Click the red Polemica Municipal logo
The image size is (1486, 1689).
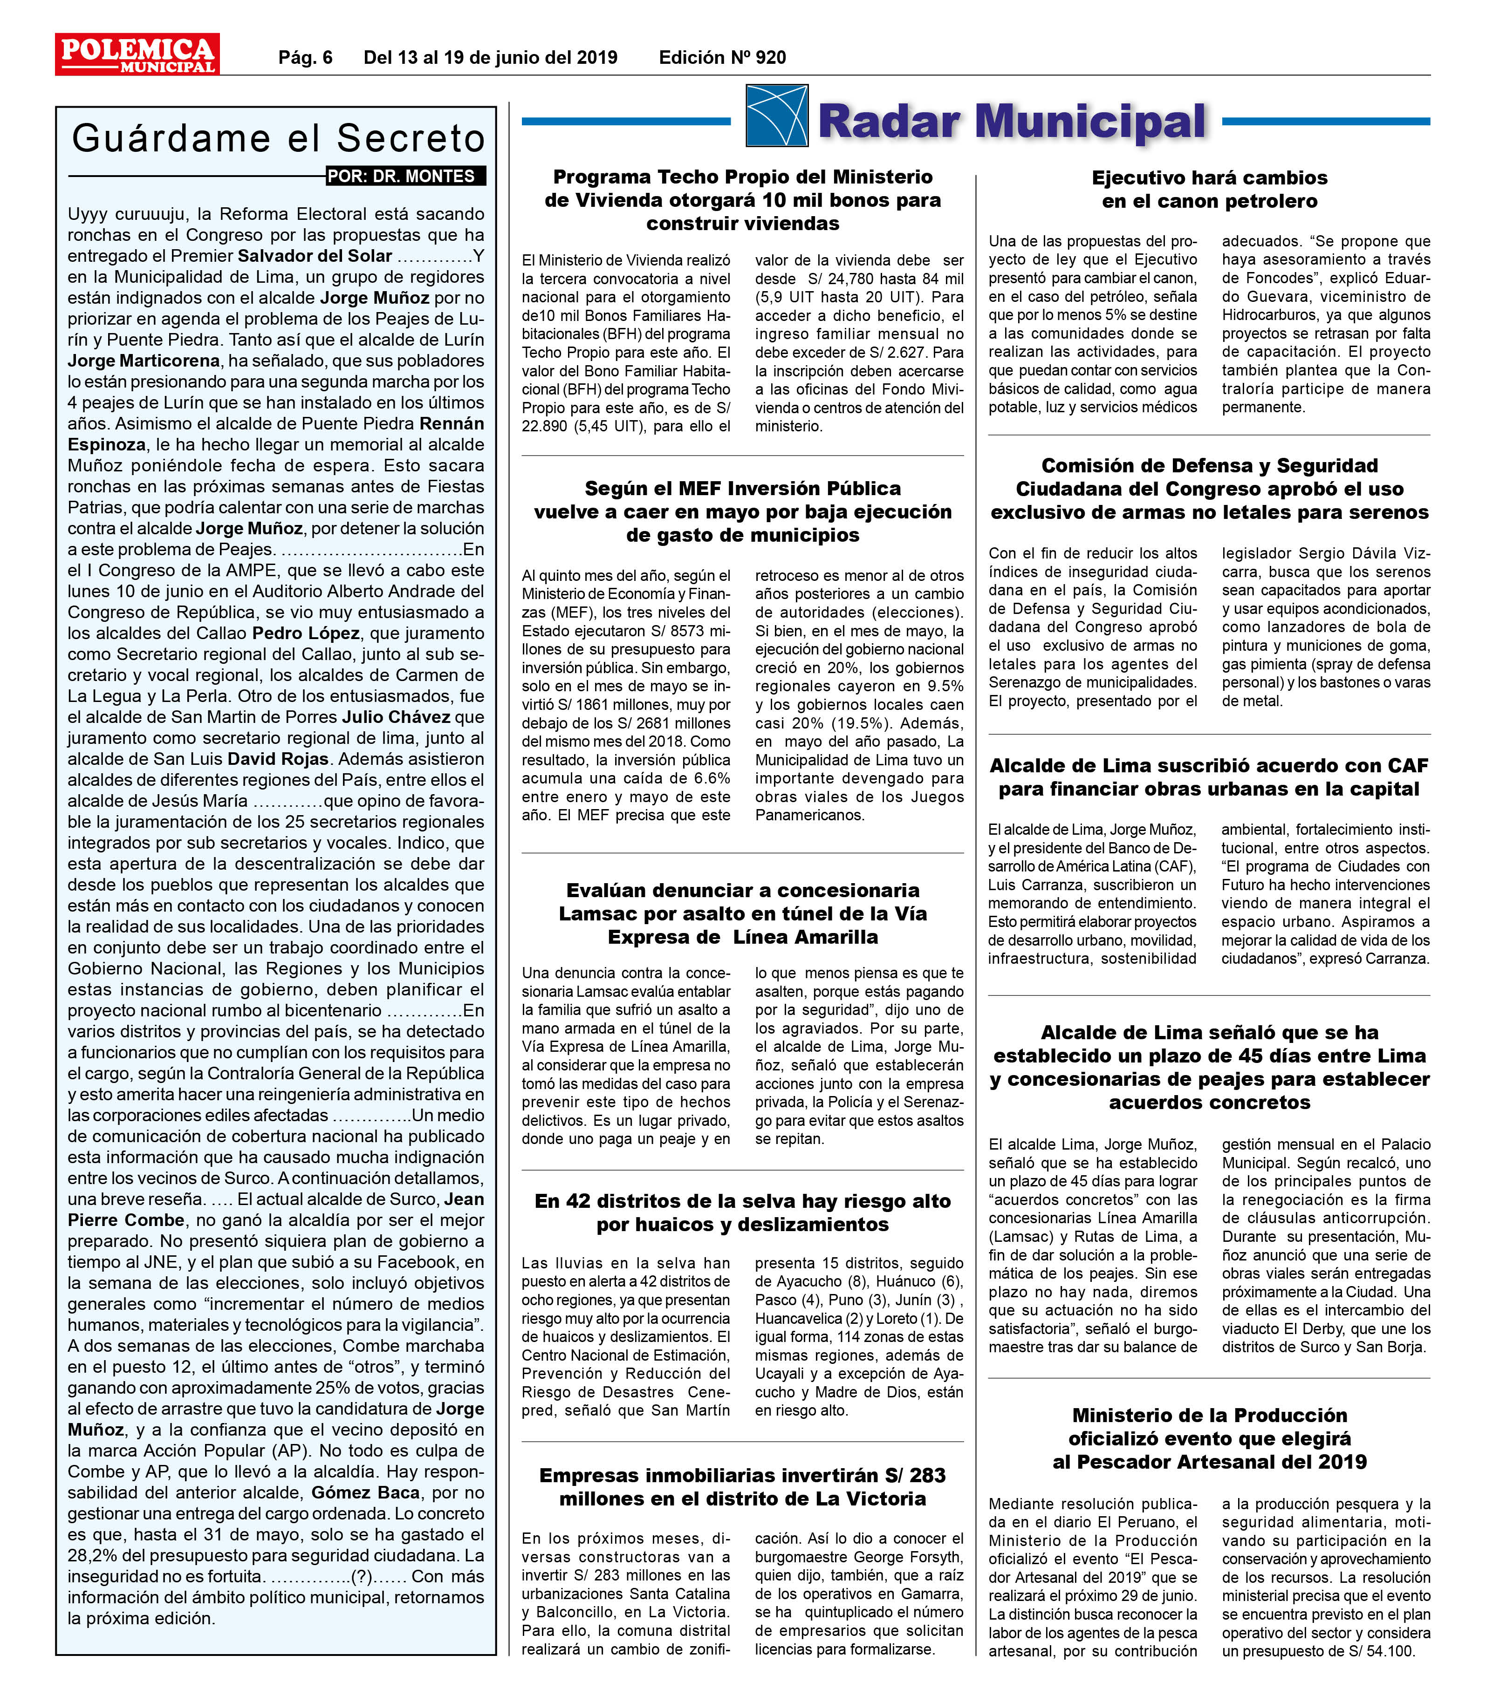pos(137,54)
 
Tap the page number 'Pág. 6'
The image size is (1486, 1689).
pos(305,57)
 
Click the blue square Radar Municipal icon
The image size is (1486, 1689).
pos(776,116)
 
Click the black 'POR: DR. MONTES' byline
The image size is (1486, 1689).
pos(405,176)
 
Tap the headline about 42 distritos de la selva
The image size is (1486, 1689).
pos(742,1212)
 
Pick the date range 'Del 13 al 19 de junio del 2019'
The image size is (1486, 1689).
pos(490,57)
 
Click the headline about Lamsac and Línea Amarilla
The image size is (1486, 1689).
pos(742,913)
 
